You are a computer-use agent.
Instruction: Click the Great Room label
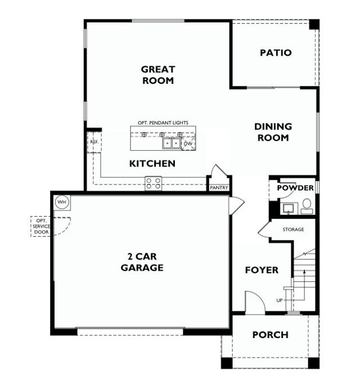pos(157,75)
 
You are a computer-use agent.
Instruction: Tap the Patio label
pos(276,53)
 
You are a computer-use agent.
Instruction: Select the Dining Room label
pos(272,132)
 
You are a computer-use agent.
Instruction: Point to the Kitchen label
pos(152,164)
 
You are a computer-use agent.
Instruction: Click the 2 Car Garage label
pos(142,262)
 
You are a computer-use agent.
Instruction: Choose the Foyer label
pos(262,271)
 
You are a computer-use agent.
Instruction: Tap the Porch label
pos(270,335)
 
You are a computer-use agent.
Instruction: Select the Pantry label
pos(218,188)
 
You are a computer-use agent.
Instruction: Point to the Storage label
pos(293,230)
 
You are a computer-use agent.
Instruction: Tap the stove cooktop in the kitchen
pos(154,182)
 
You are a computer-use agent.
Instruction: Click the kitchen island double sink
pos(172,143)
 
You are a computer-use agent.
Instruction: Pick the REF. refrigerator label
pos(94,142)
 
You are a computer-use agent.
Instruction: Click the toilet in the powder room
pos(307,206)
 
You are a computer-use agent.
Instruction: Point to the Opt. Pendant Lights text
pos(163,123)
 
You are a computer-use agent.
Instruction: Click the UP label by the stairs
pos(280,301)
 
